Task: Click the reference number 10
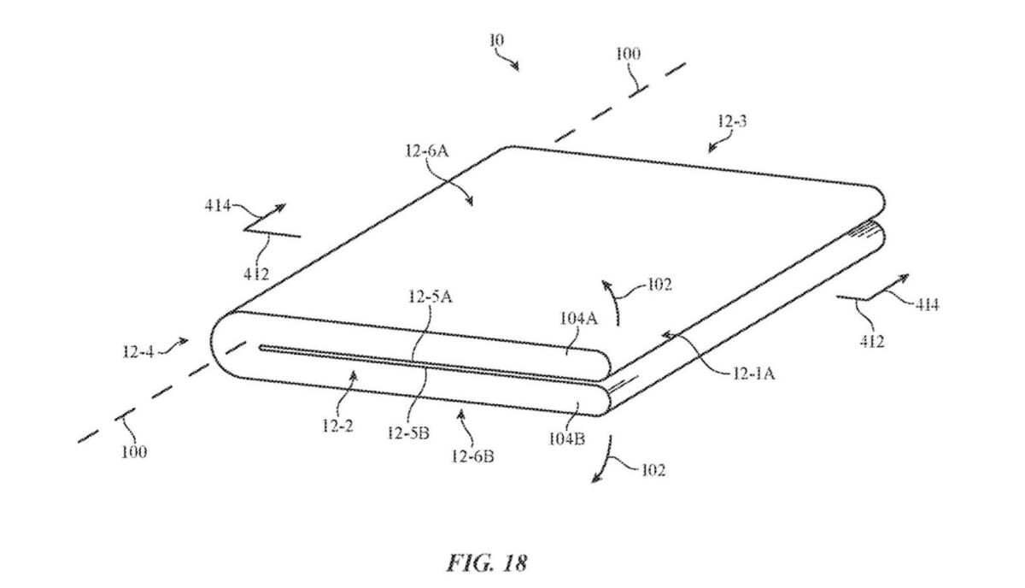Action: point(496,41)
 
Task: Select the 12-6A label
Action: point(427,150)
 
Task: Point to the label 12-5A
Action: point(430,297)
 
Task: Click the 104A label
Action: point(579,318)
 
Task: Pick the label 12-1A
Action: point(753,373)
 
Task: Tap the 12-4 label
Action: point(138,352)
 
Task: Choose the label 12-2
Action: point(337,426)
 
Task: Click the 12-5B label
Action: point(408,432)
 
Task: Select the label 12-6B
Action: point(472,456)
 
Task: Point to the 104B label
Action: point(567,439)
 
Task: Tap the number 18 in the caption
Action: point(515,563)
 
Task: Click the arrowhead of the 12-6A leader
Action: point(469,202)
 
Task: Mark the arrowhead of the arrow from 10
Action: point(516,68)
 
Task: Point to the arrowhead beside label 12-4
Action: point(184,341)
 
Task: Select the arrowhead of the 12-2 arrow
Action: point(353,375)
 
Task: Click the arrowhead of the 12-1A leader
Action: point(668,336)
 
